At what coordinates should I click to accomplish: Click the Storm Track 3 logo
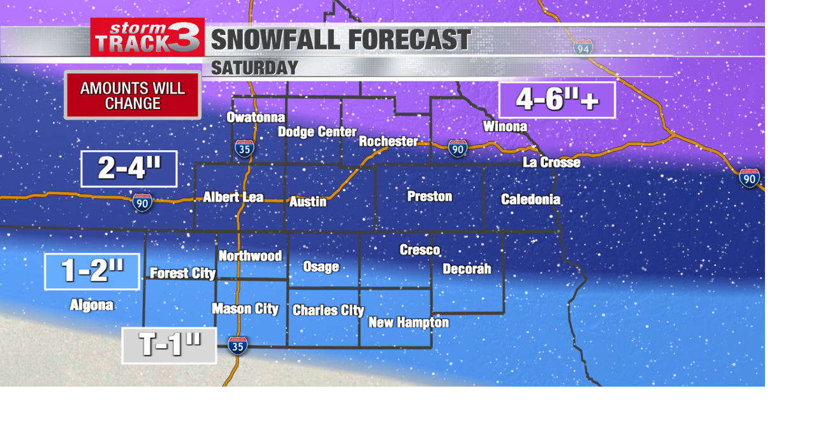click(x=147, y=37)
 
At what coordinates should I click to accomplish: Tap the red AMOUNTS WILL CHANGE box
click(x=133, y=96)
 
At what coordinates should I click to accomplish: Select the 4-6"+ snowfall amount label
click(x=557, y=100)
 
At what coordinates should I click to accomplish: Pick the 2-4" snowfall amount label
click(x=129, y=169)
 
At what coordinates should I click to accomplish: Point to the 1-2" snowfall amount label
click(x=92, y=271)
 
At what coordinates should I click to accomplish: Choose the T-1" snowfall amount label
click(x=169, y=346)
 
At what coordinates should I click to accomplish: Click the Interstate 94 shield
click(x=582, y=46)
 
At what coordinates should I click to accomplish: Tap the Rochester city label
click(x=388, y=141)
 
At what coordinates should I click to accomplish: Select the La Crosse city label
click(x=551, y=162)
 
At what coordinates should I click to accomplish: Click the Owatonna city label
click(x=256, y=117)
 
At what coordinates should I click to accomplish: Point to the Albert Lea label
click(x=233, y=197)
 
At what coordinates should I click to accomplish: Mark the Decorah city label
click(x=467, y=269)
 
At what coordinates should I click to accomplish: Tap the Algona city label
click(x=92, y=306)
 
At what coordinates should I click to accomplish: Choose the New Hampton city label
click(x=409, y=323)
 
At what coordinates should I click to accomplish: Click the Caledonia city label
click(x=530, y=199)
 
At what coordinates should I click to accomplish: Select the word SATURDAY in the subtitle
click(x=254, y=68)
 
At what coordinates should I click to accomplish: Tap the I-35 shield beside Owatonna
click(x=244, y=148)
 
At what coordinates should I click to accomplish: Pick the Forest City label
click(x=182, y=273)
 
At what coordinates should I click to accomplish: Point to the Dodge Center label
click(x=317, y=132)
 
